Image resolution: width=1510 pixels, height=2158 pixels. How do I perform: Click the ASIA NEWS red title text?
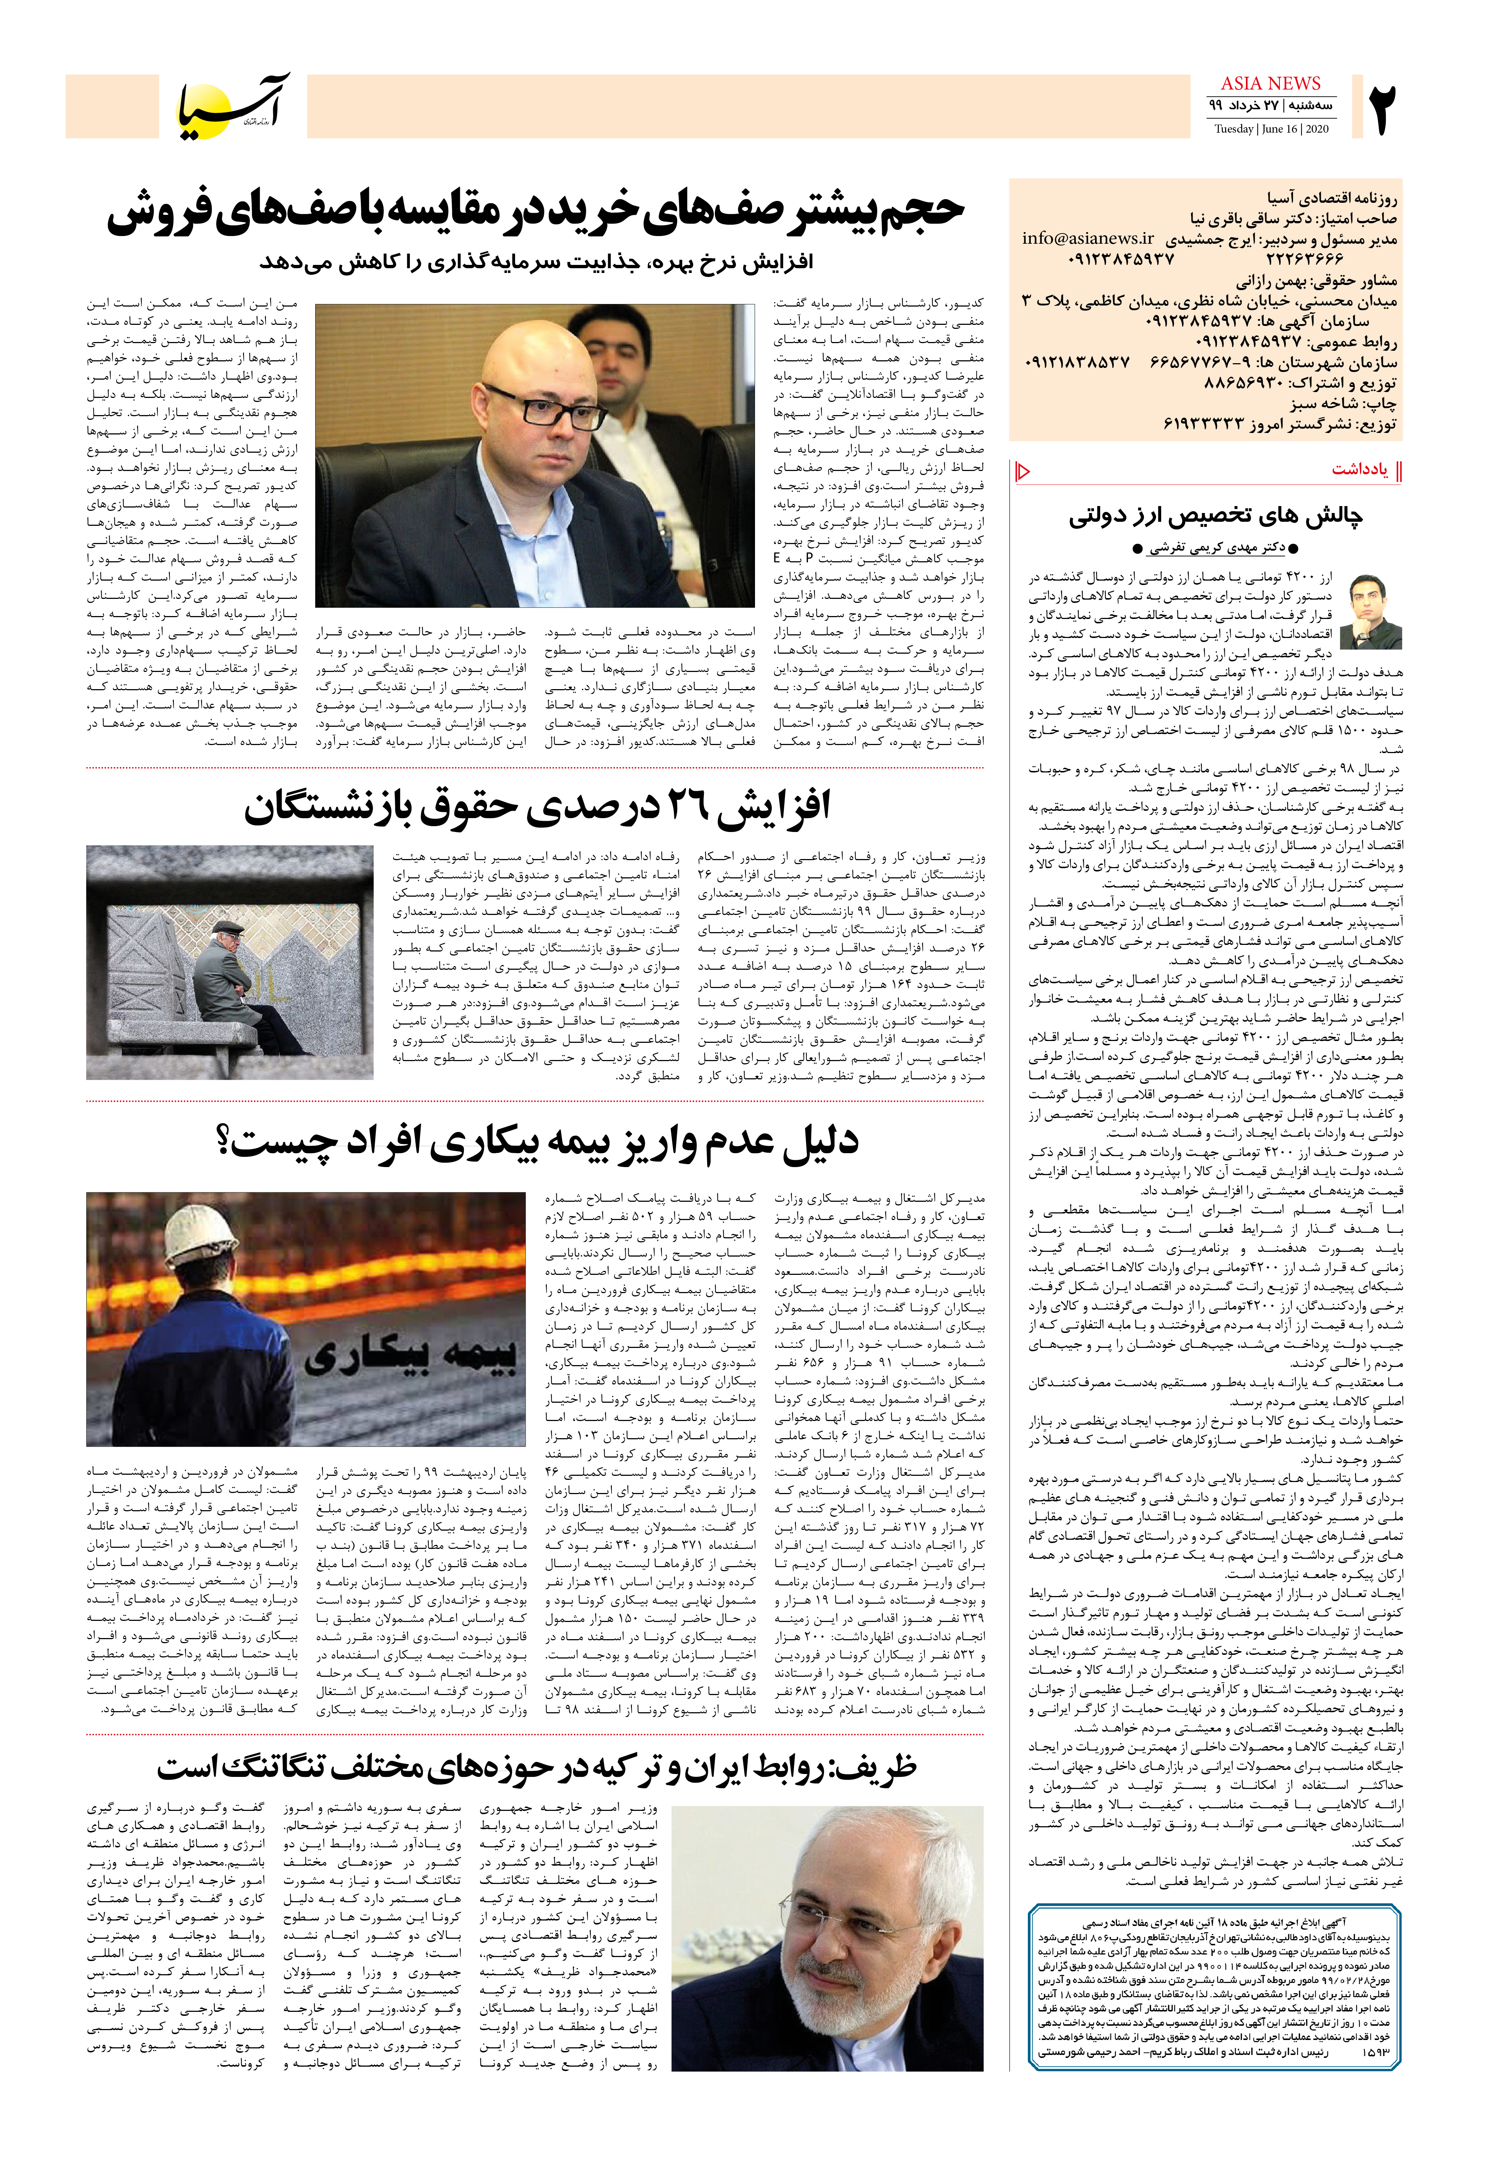pos(1270,84)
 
